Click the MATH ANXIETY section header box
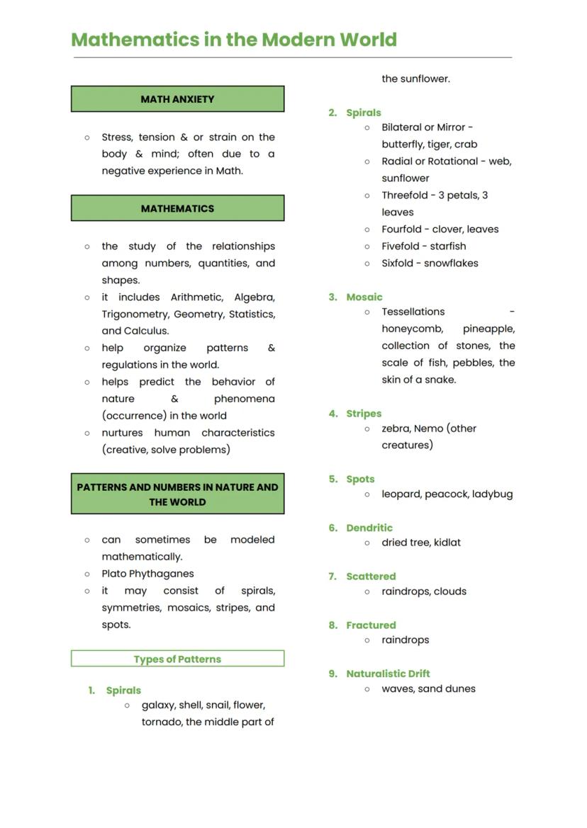(x=177, y=99)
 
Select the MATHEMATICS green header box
(x=177, y=208)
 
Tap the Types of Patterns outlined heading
(x=177, y=659)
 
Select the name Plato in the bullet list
(x=113, y=574)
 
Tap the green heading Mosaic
(x=364, y=297)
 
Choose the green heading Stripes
(x=364, y=414)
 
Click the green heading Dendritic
(x=369, y=528)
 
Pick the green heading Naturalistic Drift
(x=388, y=674)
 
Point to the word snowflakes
(x=451, y=263)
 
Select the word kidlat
(x=447, y=543)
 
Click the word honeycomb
(x=412, y=329)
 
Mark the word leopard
(x=401, y=494)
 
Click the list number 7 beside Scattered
(x=332, y=577)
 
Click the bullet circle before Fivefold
(x=367, y=246)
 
